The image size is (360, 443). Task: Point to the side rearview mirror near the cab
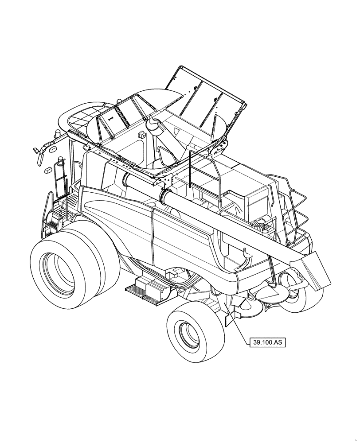coord(38,151)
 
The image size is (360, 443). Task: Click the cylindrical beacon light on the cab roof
coord(57,133)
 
